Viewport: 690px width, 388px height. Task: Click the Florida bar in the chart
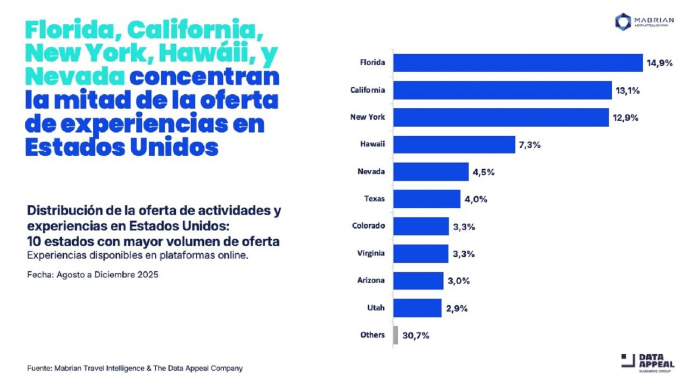coord(517,63)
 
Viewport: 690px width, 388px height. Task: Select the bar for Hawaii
coord(454,144)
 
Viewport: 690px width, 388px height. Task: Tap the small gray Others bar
coord(396,335)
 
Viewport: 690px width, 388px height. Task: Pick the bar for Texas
coord(426,199)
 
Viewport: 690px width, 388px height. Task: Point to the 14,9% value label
coord(660,63)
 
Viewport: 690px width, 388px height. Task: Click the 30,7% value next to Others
coord(416,335)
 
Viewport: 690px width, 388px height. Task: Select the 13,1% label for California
coord(627,91)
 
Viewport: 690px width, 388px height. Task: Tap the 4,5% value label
coord(484,172)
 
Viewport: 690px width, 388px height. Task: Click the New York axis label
coord(368,117)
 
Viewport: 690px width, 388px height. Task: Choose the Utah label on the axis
coord(376,308)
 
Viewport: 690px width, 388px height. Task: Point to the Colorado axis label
coord(368,226)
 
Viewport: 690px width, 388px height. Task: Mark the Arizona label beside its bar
coord(371,280)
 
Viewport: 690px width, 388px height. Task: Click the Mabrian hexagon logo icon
coord(623,22)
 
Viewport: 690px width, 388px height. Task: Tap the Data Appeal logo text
coord(655,361)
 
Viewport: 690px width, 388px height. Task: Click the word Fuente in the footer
coord(39,369)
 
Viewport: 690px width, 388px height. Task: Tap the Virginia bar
coord(420,253)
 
